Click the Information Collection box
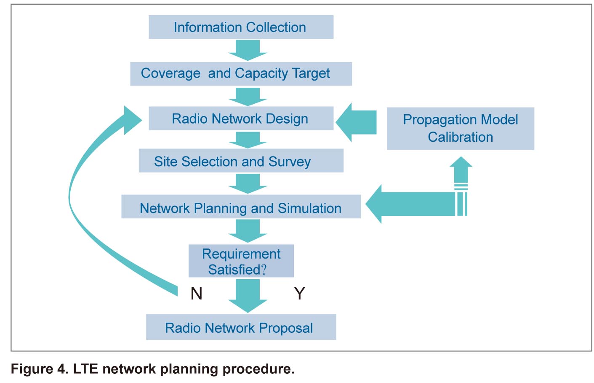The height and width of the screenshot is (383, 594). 241,27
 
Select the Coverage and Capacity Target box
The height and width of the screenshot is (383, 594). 241,74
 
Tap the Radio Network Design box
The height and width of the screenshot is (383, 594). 241,118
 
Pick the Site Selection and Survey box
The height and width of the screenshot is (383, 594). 241,161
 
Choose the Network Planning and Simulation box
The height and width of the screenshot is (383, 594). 241,207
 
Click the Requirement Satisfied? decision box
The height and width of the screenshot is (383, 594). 241,261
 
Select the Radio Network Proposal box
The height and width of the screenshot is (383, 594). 241,327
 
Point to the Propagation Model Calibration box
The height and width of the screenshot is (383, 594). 461,129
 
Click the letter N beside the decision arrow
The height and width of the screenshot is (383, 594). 197,294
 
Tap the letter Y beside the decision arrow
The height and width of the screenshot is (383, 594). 300,294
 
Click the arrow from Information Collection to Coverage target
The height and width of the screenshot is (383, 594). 248,50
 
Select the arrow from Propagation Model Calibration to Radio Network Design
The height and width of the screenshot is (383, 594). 356,122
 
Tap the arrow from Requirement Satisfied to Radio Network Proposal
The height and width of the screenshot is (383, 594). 248,296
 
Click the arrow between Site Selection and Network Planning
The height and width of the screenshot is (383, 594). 248,183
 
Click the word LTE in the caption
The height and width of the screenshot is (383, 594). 85,369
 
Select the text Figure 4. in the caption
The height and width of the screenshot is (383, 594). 40,369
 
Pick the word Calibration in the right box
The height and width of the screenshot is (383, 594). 461,137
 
